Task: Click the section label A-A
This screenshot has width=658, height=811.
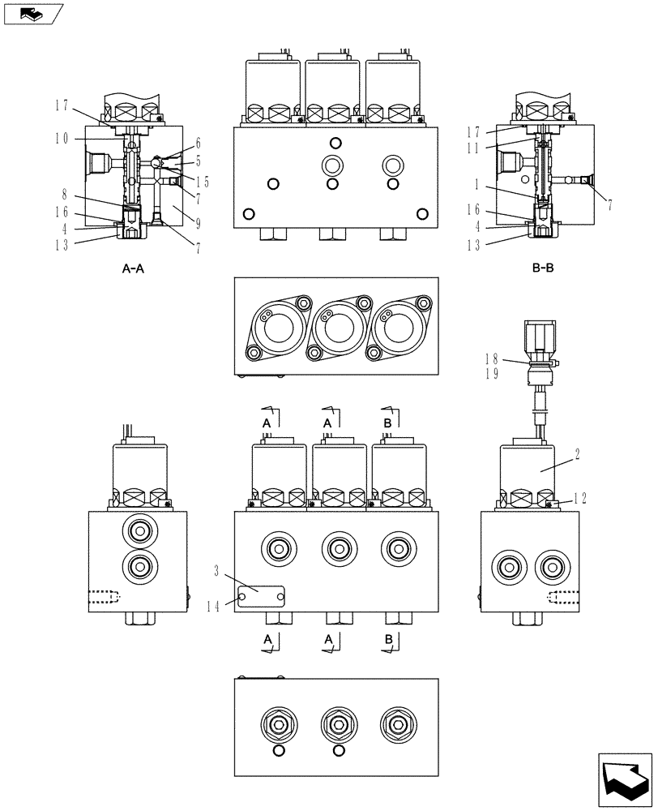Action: (133, 270)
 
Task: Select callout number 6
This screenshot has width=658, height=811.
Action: (198, 143)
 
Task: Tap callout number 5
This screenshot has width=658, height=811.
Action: (198, 161)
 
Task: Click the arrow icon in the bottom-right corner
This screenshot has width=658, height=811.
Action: (623, 779)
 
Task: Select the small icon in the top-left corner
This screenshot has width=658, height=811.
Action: (31, 13)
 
